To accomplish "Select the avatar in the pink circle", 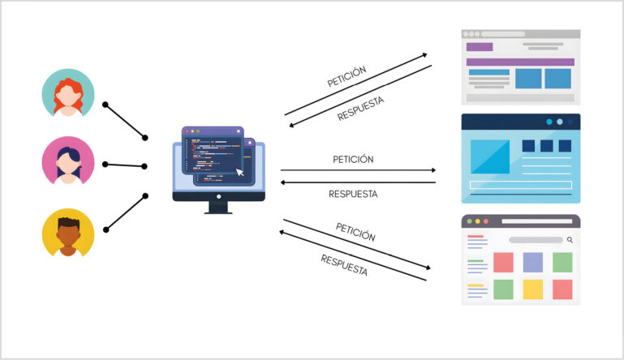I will [68, 162].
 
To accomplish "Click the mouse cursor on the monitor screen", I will [239, 172].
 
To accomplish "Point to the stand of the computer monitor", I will [219, 206].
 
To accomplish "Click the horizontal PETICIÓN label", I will [353, 160].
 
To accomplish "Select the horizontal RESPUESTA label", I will [353, 194].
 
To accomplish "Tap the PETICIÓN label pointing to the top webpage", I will [346, 77].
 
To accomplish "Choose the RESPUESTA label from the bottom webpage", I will [344, 265].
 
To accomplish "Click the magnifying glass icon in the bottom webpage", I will [570, 240].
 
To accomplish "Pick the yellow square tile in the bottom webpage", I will [532, 289].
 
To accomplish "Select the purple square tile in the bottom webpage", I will [532, 262].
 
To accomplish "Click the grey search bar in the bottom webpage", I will [536, 240].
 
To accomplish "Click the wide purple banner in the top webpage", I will [520, 62].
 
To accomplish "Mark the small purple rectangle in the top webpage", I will [480, 46].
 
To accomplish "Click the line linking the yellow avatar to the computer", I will [126, 212].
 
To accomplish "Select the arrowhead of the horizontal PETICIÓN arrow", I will [432, 170].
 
